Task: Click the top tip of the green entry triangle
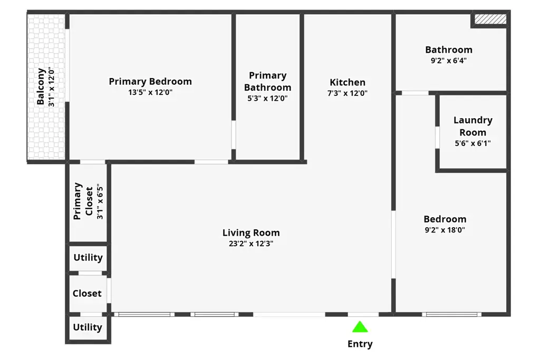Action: pyautogui.click(x=360, y=321)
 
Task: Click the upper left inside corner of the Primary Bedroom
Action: pyautogui.click(x=70, y=14)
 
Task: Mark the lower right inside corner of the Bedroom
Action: pyautogui.click(x=507, y=312)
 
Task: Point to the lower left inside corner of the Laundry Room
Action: pyautogui.click(x=440, y=168)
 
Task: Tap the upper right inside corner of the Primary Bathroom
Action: pyautogui.click(x=300, y=14)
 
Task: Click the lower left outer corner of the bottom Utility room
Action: pyautogui.click(x=65, y=344)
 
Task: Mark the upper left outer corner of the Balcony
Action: pyautogui.click(x=27, y=11)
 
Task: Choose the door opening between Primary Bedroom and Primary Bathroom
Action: pyautogui.click(x=234, y=134)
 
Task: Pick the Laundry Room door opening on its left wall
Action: pyautogui.click(x=437, y=138)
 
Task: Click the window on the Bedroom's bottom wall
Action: pyautogui.click(x=451, y=314)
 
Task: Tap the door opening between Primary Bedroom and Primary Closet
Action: pyautogui.click(x=93, y=162)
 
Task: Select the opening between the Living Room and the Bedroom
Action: pyautogui.click(x=393, y=245)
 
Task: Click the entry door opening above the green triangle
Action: pyautogui.click(x=363, y=314)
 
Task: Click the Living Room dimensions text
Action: pyautogui.click(x=251, y=244)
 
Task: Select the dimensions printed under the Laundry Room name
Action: pyautogui.click(x=473, y=143)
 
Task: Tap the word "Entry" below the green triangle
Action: pyautogui.click(x=360, y=344)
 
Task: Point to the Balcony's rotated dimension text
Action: pyautogui.click(x=51, y=87)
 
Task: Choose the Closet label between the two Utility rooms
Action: pyautogui.click(x=87, y=294)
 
